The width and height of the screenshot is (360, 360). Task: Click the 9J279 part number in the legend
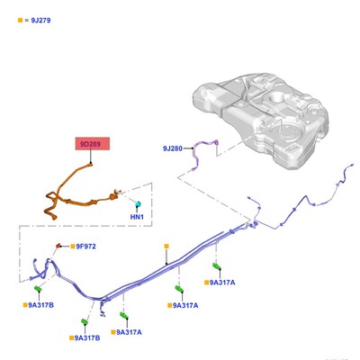(40, 21)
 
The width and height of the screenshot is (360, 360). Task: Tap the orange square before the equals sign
(20, 21)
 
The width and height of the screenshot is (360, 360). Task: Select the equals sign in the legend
(26, 21)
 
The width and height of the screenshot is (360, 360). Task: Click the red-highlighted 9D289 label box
(93, 144)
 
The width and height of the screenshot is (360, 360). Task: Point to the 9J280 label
(173, 148)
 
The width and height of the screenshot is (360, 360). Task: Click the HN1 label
(137, 217)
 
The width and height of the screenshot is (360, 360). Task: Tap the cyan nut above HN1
(138, 204)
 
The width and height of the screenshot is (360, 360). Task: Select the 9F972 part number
(85, 247)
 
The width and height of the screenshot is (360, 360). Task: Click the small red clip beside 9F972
(58, 246)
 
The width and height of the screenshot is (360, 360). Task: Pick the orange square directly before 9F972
(73, 247)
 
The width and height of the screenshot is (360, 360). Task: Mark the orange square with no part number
(166, 247)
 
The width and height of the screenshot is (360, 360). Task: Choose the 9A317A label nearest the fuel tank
(222, 283)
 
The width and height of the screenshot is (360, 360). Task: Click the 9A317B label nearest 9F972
(40, 305)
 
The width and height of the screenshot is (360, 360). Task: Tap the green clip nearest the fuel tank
(217, 266)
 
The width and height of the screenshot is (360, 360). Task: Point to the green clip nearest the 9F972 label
(38, 289)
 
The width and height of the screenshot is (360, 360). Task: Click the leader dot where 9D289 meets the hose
(90, 163)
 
